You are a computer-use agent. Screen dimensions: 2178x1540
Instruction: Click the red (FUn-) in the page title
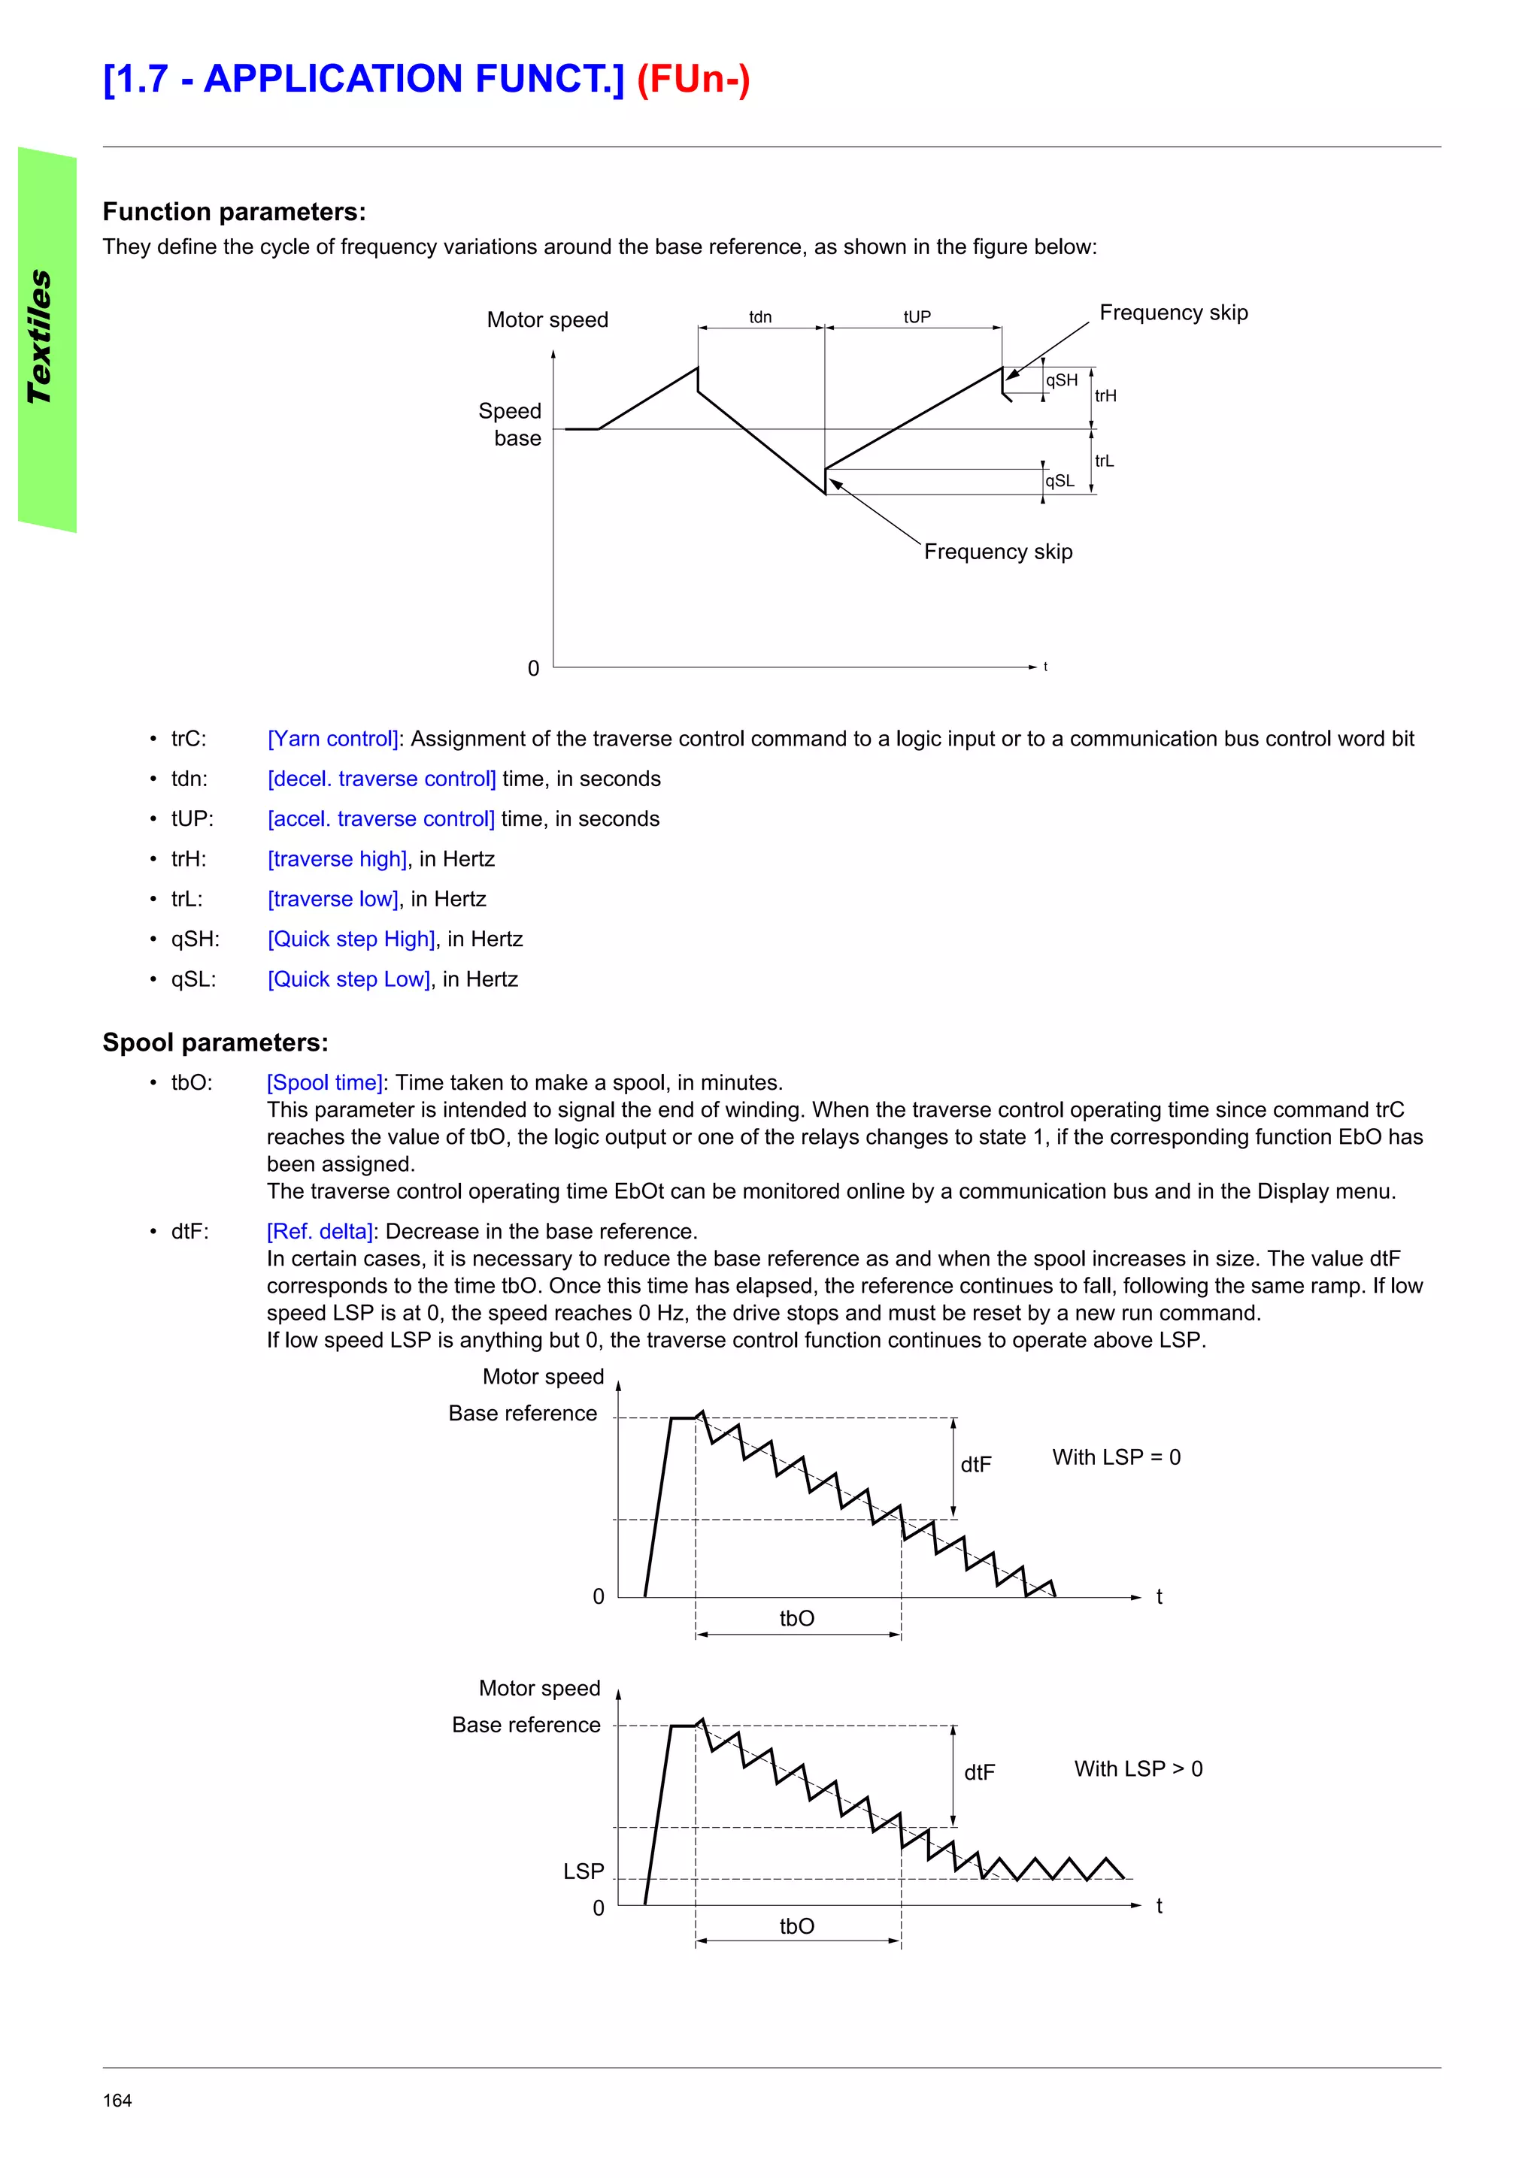click(x=693, y=79)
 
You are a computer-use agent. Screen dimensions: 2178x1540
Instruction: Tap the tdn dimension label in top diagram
click(x=760, y=317)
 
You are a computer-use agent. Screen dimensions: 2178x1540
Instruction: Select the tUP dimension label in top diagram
click(x=917, y=317)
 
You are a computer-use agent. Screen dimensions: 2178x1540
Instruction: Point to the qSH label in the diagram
click(x=1061, y=380)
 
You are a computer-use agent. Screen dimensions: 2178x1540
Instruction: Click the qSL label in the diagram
click(x=1059, y=481)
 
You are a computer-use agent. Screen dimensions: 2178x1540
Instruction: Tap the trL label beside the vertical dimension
click(x=1105, y=461)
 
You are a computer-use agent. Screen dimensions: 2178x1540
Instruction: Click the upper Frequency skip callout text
click(x=1173, y=313)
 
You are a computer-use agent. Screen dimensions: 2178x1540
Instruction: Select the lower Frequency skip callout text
click(x=997, y=552)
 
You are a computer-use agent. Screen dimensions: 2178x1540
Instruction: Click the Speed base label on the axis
click(x=511, y=424)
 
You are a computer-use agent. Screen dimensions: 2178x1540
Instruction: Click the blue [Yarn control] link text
click(x=334, y=739)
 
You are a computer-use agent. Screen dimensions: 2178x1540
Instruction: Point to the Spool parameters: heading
click(x=215, y=1042)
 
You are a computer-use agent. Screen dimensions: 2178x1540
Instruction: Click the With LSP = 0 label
click(x=1116, y=1457)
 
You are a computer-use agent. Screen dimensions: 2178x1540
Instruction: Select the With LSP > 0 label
click(x=1138, y=1768)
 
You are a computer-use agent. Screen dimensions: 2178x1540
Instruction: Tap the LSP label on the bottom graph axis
click(x=584, y=1871)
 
